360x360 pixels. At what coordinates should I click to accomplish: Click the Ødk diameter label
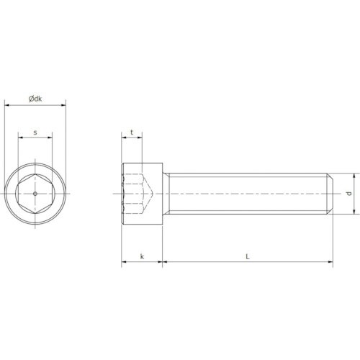point(35,99)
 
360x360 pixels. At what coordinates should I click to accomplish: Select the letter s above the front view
point(35,133)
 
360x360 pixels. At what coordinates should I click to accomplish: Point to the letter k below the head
point(142,256)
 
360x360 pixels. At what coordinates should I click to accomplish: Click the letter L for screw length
point(248,256)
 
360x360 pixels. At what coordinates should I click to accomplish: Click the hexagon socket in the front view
point(35,193)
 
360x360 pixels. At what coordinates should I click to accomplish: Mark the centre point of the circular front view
point(35,193)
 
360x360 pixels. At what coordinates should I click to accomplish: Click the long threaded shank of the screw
point(245,193)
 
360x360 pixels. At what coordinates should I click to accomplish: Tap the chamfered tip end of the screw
point(330,193)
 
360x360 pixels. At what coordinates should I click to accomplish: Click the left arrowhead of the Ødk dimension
point(7,107)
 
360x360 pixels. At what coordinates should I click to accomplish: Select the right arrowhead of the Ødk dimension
point(63,107)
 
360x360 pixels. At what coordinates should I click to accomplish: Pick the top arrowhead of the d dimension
point(356,175)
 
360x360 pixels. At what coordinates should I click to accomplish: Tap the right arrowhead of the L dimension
point(330,264)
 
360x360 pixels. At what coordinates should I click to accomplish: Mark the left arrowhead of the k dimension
point(123,264)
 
